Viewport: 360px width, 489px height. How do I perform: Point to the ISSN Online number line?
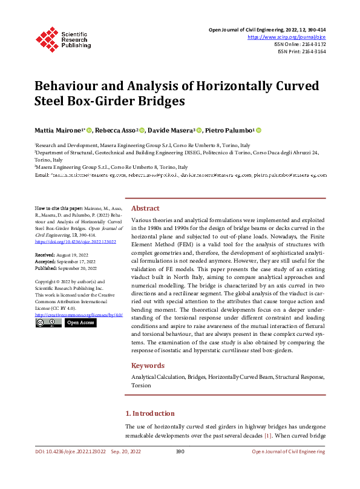coord(301,44)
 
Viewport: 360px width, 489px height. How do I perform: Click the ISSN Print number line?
coord(303,52)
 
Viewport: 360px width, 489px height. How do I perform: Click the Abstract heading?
coord(145,208)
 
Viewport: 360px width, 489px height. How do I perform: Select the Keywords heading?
coord(148,366)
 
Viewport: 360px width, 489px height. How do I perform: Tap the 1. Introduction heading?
coord(150,413)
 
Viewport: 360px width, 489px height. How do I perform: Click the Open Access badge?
coord(80,323)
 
